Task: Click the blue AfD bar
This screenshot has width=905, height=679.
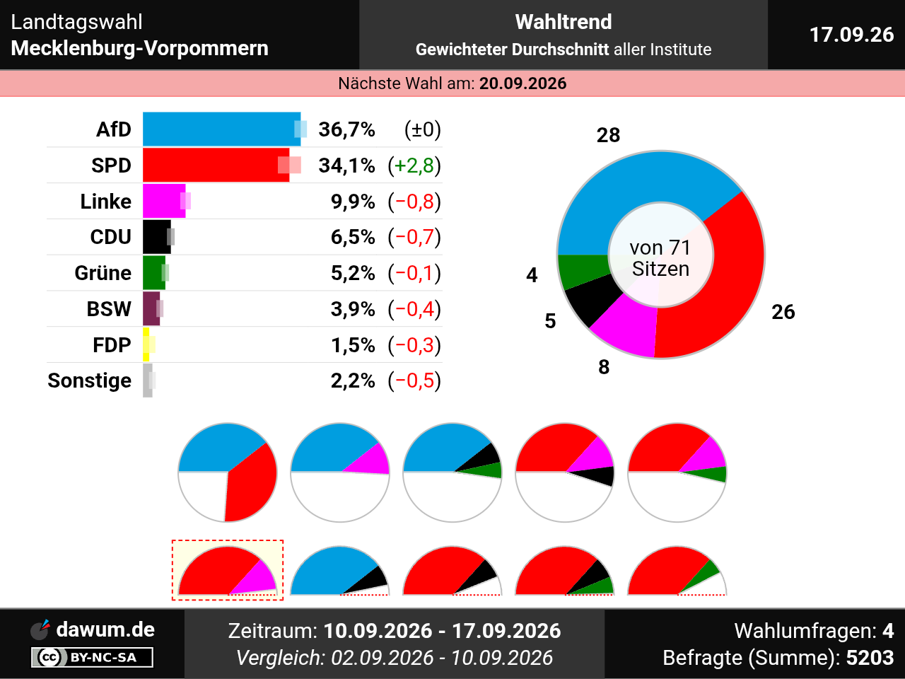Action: (221, 129)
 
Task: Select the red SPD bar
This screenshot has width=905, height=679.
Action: (216, 165)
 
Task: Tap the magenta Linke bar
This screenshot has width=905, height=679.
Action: (164, 201)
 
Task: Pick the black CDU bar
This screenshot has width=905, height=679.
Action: (157, 237)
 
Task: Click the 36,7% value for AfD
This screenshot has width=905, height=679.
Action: (346, 129)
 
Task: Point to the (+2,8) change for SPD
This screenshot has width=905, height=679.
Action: (414, 166)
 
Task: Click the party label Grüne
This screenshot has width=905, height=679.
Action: (103, 273)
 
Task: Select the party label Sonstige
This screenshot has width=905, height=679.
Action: (90, 381)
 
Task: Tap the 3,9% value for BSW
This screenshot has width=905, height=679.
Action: (353, 309)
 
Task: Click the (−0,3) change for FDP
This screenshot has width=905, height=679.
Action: (414, 345)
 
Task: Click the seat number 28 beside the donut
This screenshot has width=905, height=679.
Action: (608, 135)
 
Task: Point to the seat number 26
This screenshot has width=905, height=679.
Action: (783, 312)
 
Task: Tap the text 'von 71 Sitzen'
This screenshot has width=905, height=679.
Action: (660, 258)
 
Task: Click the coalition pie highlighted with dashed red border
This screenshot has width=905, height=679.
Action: (228, 570)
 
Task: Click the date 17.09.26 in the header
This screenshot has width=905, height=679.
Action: (852, 35)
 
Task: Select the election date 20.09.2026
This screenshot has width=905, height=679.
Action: (522, 83)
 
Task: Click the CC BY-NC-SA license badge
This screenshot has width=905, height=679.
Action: (92, 657)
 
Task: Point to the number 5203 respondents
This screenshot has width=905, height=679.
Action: (870, 658)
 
